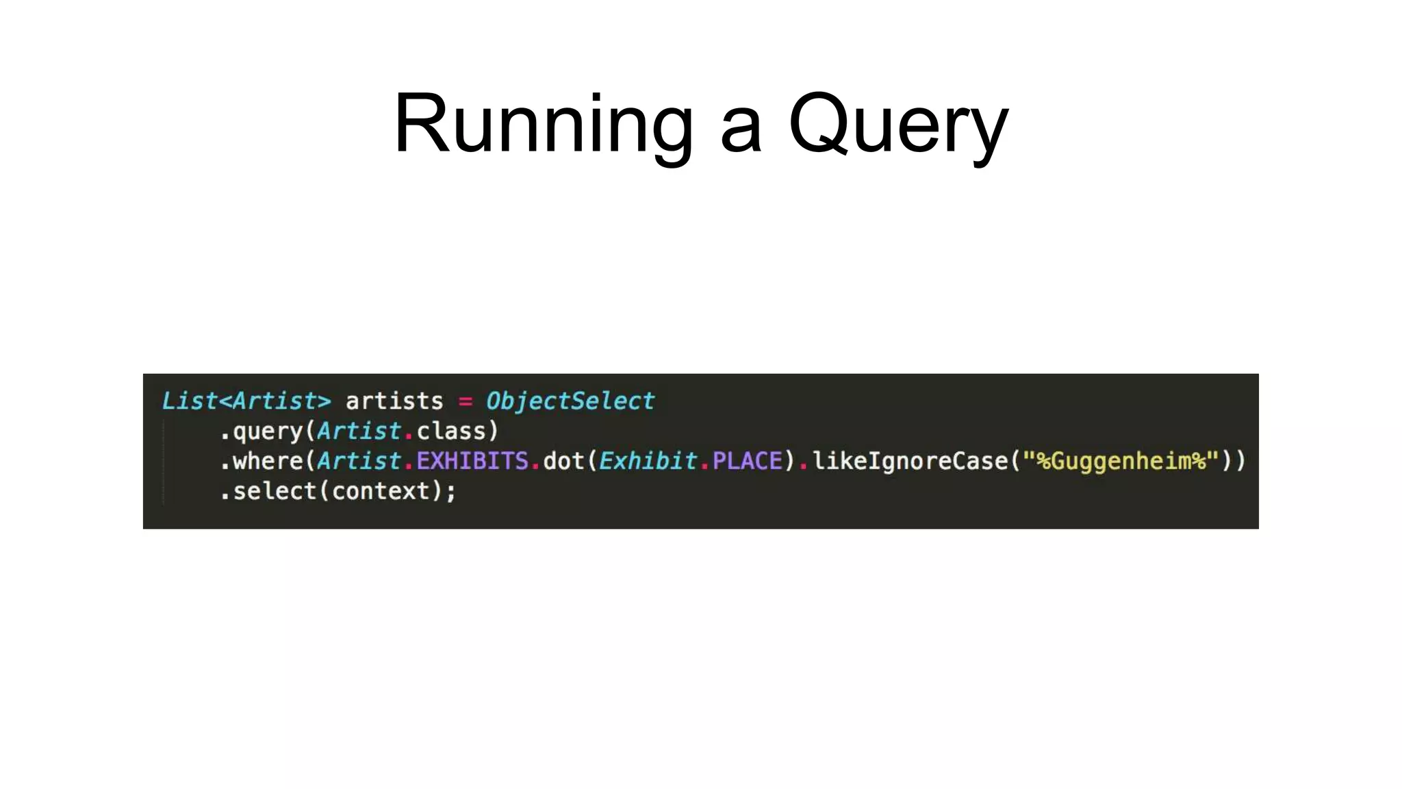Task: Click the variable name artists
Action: tap(394, 401)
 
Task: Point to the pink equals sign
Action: tap(466, 401)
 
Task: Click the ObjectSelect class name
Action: tap(570, 401)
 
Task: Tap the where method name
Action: tap(268, 461)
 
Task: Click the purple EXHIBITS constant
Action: tap(472, 461)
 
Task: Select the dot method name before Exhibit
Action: tap(564, 461)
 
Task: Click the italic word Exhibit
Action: tap(648, 461)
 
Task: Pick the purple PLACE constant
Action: tap(747, 461)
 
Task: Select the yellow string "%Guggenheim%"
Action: tap(1121, 461)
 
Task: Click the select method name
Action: tap(275, 491)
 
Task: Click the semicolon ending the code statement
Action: tap(450, 492)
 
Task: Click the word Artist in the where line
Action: tap(359, 461)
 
